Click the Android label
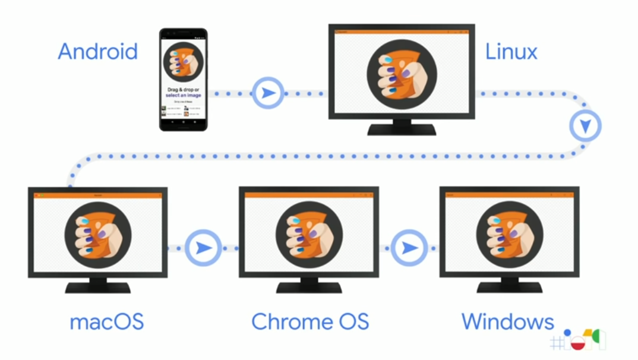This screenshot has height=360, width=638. [97, 52]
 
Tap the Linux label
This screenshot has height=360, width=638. [511, 52]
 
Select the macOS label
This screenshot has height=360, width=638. [106, 322]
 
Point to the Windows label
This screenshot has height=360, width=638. [507, 322]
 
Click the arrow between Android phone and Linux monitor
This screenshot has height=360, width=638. [269, 93]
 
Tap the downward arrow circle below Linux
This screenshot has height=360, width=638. [585, 125]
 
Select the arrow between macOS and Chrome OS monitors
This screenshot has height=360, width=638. [203, 247]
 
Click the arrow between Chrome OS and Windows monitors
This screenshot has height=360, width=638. [409, 247]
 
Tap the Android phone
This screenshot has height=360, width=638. [184, 79]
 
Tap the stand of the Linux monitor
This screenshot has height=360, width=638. [402, 127]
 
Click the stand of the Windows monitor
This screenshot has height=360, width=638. [509, 285]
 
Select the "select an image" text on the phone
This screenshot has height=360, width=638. [183, 95]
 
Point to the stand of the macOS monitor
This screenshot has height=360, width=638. [98, 285]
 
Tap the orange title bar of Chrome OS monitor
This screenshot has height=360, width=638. [309, 195]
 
